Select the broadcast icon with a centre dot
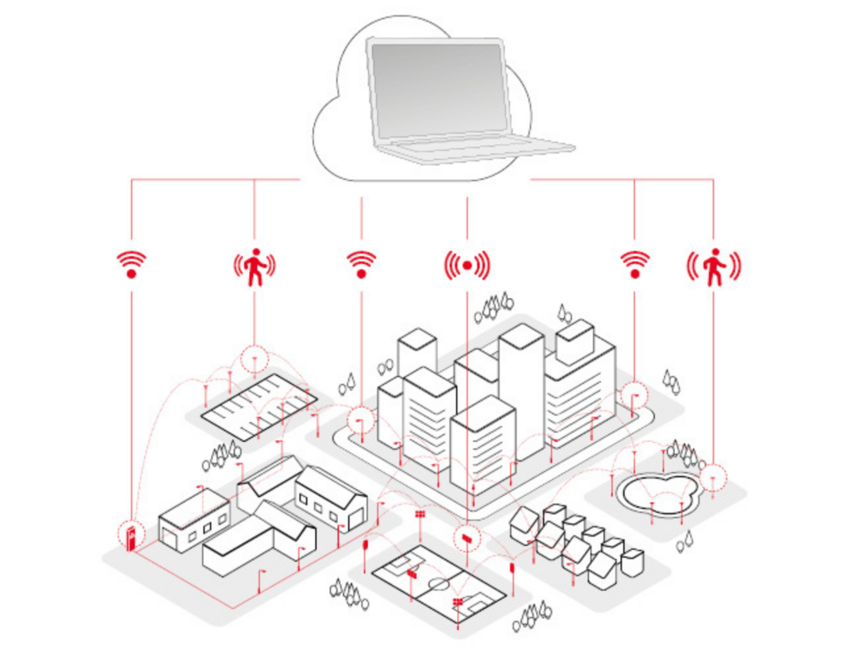(466, 266)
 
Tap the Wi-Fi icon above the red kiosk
(131, 265)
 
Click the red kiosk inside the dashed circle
(131, 537)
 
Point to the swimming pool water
(656, 493)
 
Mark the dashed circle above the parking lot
(254, 360)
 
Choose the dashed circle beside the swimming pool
(713, 476)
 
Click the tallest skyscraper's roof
(521, 336)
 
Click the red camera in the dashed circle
(466, 538)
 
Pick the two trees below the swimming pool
(685, 541)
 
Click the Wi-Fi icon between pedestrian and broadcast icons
(361, 265)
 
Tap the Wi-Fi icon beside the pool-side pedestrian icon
(634, 265)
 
